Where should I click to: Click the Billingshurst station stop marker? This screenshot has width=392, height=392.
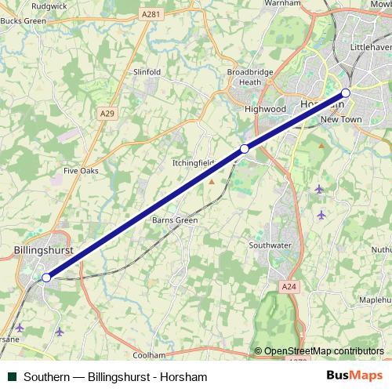click(46, 277)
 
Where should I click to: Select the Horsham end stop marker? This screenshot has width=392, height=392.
click(346, 93)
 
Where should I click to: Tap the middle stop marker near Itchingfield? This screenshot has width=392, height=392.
click(245, 148)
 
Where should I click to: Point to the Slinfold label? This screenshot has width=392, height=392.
click(147, 72)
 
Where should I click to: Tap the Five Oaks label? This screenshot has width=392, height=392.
click(82, 169)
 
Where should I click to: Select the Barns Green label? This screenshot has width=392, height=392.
click(175, 220)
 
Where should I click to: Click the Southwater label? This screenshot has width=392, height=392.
click(270, 245)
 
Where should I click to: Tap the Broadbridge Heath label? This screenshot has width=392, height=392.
click(249, 77)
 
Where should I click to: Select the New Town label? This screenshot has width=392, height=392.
click(340, 119)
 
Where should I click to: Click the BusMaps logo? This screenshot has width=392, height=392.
click(355, 376)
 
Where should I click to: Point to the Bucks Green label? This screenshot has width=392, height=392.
click(25, 20)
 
